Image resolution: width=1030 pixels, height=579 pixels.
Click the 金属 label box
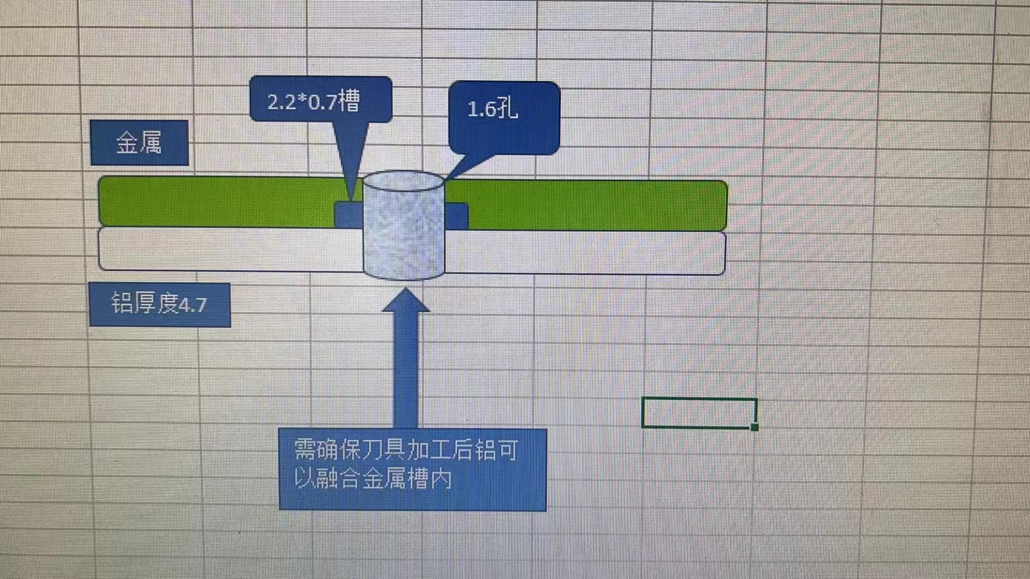coord(139,143)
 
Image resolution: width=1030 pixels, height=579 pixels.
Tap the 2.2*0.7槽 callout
coord(320,100)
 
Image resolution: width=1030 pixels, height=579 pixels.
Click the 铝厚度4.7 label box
coord(160,305)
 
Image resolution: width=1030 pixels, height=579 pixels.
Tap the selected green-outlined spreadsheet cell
coord(699,413)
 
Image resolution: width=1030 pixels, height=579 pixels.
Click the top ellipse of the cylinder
coord(403,182)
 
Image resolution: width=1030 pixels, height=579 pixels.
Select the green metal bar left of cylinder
coord(218,201)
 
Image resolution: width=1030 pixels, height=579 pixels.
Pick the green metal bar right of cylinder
coord(595,205)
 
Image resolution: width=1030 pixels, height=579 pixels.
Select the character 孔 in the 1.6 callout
coord(506,108)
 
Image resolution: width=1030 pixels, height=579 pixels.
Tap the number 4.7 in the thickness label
coord(193,305)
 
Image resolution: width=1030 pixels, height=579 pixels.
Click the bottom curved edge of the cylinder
coord(404,278)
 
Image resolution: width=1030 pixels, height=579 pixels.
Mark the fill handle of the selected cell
coord(754,427)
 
